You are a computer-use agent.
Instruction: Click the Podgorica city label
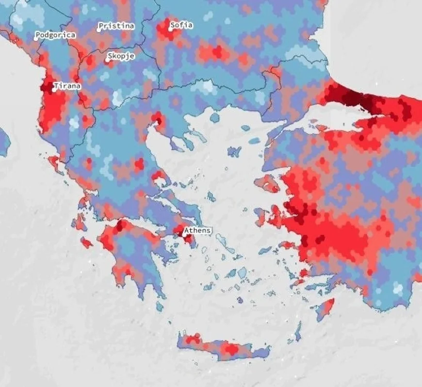pos(55,35)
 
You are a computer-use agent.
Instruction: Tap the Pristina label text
pos(116,26)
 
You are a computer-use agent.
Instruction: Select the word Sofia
pos(181,25)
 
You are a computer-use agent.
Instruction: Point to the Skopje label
pos(121,56)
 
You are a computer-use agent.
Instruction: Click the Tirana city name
pos(67,86)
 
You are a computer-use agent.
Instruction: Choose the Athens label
pos(198,230)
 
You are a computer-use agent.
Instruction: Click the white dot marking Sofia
pos(171,28)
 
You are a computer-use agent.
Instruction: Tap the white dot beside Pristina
pos(98,29)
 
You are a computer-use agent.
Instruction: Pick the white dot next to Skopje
pos(108,61)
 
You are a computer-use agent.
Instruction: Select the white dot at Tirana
pos(54,90)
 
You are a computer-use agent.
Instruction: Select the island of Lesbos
pos(266,184)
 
